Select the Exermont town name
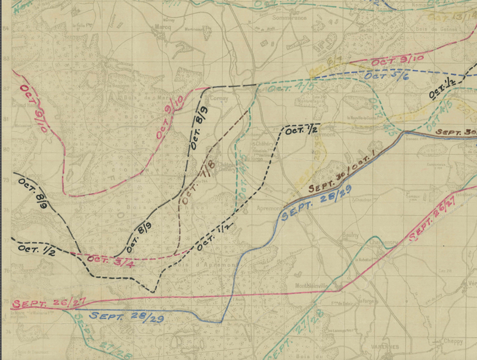[325, 135]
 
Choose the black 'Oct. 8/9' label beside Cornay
[200, 127]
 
